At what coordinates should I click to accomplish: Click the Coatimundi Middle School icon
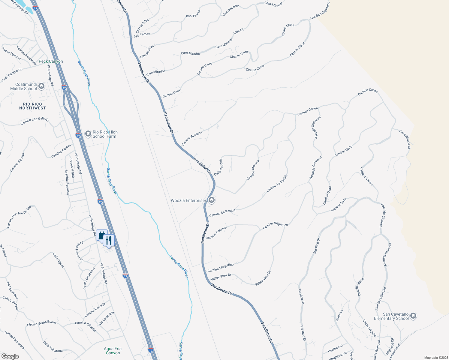tap(41, 86)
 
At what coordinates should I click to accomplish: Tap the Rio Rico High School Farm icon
tap(88, 134)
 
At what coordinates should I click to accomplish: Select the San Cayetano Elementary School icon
tap(413, 316)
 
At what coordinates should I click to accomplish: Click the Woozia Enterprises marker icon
tap(212, 200)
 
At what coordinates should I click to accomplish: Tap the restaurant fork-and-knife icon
tap(109, 240)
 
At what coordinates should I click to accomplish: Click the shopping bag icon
tap(102, 235)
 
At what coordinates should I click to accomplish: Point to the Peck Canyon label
tap(51, 61)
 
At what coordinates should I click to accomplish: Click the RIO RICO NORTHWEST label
tap(32, 106)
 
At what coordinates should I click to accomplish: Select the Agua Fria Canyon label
tap(113, 351)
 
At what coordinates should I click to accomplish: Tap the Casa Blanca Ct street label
tap(405, 139)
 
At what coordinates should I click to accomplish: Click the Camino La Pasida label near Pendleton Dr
tap(222, 213)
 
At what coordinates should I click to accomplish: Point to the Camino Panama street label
tap(216, 232)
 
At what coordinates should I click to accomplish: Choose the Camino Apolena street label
tap(192, 138)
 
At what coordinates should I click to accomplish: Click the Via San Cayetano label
tap(320, 10)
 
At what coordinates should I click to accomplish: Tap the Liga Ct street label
tap(239, 31)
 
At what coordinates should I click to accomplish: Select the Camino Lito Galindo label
tap(34, 121)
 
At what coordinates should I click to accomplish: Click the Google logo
tap(10, 356)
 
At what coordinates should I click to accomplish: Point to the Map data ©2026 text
tap(436, 358)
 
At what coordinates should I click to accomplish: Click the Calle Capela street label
tap(218, 167)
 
